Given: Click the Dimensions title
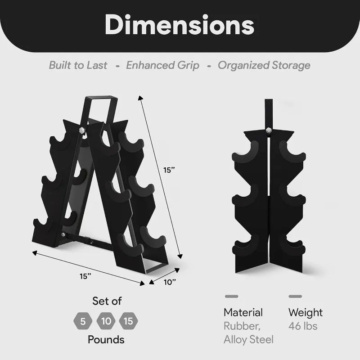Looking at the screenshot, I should coord(180,26).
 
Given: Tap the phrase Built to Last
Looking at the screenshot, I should coord(78,65).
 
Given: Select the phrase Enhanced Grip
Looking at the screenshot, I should coord(162,65).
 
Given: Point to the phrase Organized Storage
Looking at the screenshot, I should coord(264,65).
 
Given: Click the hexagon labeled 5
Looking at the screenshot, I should coord(82,321).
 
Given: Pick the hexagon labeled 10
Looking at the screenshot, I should coord(106,321).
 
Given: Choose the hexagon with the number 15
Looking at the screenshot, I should coord(129,321).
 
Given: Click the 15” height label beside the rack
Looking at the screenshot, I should coord(169,170).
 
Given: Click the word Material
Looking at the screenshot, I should coord(243,312).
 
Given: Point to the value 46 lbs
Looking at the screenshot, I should coord(303,326).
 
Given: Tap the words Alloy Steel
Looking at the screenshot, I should coord(248,339).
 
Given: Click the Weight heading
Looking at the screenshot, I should coord(306,312).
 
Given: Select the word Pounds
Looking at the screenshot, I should coord(106,340).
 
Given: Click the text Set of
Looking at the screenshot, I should coord(107,301).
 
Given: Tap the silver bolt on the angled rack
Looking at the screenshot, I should coord(82,130).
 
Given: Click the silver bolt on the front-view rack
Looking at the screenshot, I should coord(269,130).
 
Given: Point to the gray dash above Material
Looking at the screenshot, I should coord(231,297).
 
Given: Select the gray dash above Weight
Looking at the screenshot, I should coord(295,297).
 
